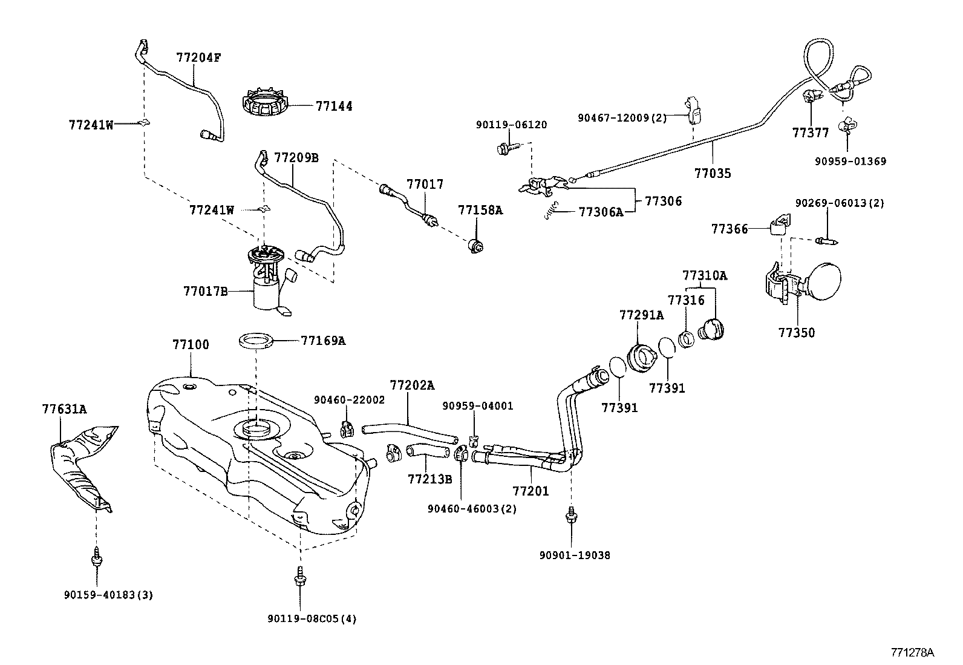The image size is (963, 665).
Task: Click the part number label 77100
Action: (191, 345)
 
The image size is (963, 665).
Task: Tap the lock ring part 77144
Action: (264, 105)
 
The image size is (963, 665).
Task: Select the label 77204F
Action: (198, 58)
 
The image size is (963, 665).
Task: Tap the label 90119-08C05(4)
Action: (312, 618)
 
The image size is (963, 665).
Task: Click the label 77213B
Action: (429, 479)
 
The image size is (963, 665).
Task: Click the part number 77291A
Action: (641, 315)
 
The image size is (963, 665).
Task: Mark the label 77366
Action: (730, 229)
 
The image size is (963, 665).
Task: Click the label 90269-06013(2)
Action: (839, 203)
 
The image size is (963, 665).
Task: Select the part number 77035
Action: (713, 174)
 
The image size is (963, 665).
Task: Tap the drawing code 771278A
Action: (912, 652)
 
